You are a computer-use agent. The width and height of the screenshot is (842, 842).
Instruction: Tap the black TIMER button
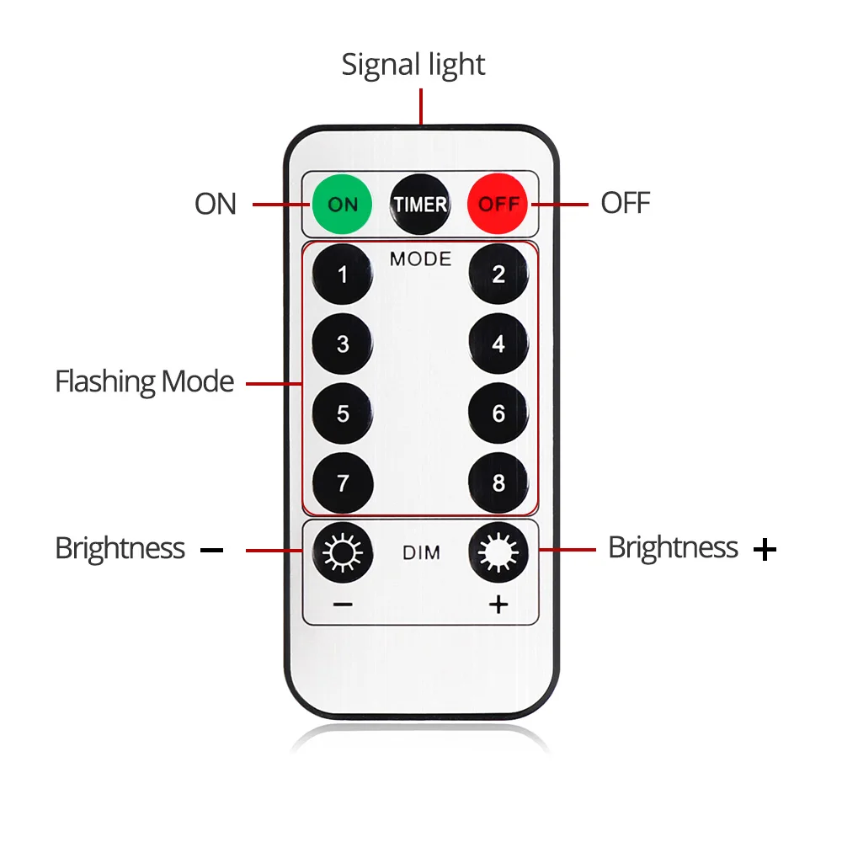tap(420, 204)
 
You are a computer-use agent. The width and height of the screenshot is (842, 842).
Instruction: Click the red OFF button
tap(498, 204)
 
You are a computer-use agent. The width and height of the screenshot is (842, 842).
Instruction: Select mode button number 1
tap(343, 274)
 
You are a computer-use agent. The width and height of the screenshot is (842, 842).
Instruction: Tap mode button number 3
tap(343, 344)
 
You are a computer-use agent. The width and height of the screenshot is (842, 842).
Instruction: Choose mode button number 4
tap(498, 344)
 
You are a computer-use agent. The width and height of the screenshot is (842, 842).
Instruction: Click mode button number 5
tap(343, 413)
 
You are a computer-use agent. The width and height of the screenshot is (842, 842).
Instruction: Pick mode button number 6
tap(498, 413)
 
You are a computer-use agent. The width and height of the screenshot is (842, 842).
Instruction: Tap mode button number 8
tap(498, 482)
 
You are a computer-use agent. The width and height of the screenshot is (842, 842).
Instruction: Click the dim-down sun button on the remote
tap(343, 552)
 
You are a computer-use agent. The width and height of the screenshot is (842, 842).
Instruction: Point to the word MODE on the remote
tap(420, 258)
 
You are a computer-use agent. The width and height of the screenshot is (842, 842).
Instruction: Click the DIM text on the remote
tap(422, 552)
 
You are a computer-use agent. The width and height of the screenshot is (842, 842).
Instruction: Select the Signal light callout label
tap(413, 65)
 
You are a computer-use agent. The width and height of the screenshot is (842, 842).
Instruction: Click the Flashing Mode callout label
tap(145, 382)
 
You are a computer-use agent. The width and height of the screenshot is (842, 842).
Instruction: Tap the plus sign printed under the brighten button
tap(498, 605)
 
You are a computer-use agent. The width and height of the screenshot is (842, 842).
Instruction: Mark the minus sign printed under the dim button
tap(343, 605)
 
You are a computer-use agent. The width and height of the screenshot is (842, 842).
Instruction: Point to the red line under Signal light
tap(421, 106)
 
